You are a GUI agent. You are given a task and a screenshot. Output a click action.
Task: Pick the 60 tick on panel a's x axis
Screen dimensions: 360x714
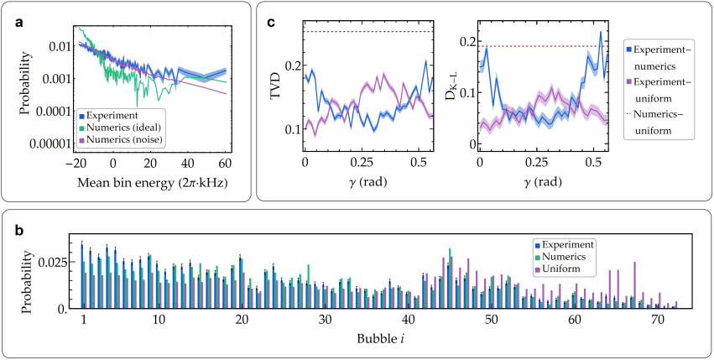[x=226, y=164]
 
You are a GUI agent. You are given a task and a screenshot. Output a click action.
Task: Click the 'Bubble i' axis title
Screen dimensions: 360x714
[x=364, y=342]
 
